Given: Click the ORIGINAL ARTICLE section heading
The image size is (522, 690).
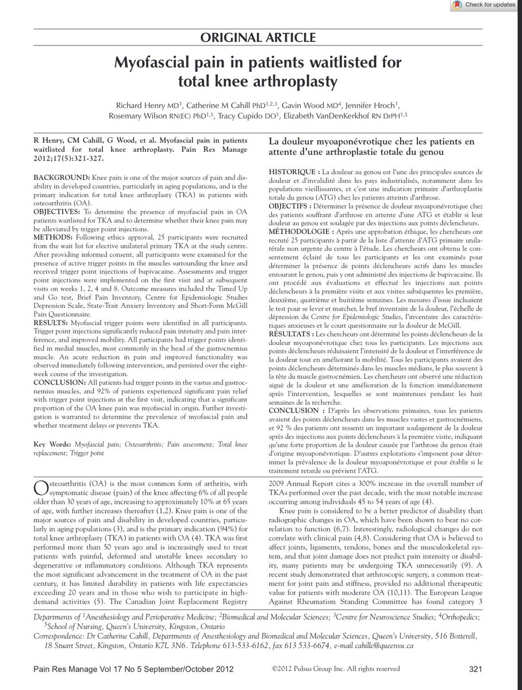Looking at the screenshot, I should coord(261,39).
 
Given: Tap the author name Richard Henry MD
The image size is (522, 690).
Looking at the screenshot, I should coord(155,105).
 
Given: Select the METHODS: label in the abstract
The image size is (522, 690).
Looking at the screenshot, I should coord(53,235).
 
